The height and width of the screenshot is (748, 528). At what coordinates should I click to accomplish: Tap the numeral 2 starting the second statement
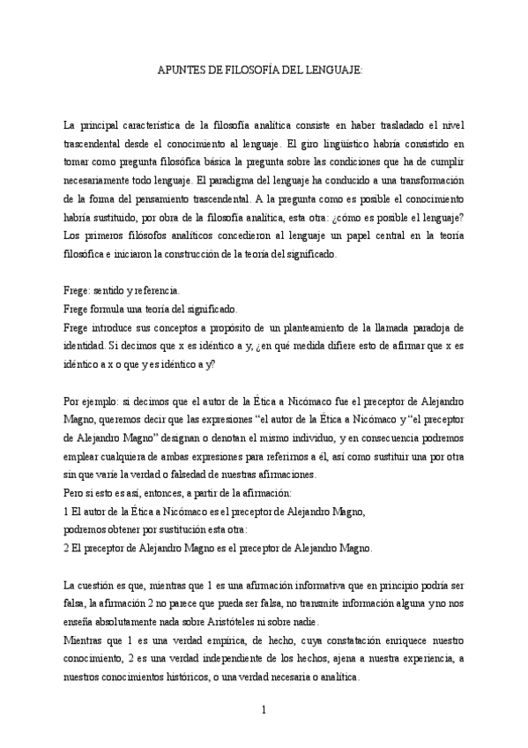tap(67, 547)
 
